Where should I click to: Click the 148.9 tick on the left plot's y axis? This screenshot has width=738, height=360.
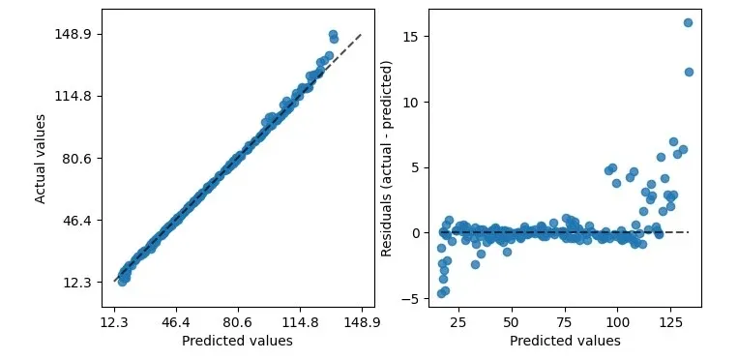[74, 34]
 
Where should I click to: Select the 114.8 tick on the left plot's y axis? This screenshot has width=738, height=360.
[74, 96]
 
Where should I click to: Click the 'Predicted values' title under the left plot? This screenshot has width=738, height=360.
[237, 341]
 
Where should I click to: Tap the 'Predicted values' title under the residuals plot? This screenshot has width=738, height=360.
[565, 341]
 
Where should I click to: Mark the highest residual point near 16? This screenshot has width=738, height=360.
[688, 22]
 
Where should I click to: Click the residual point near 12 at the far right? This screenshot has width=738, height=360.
[689, 72]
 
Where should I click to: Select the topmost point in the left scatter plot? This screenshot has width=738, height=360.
[333, 35]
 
